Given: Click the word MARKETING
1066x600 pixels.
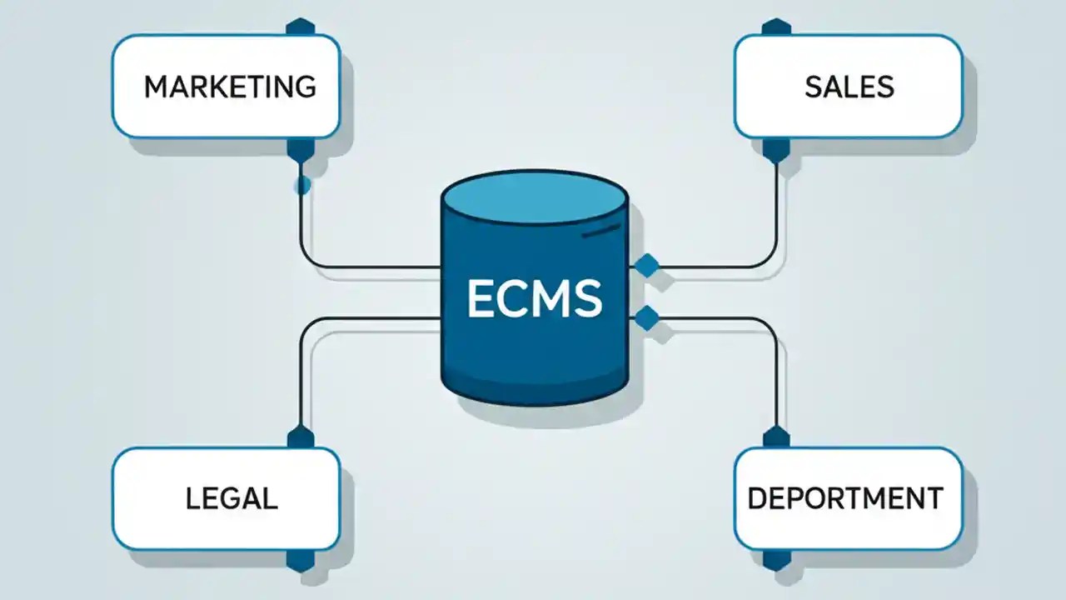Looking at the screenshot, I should (230, 87).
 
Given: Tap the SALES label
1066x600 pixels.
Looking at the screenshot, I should (849, 87).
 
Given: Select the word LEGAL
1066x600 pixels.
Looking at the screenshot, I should (231, 498).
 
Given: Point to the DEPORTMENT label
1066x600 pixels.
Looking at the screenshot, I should (845, 498).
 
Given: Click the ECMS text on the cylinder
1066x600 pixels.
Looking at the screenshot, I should (534, 298).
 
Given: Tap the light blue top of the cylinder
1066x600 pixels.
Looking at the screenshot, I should (534, 197).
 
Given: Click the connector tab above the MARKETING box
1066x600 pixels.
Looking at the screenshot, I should (300, 27).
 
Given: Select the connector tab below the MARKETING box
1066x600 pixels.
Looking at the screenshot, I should (300, 149).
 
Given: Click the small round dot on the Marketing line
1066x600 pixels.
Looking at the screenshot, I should (302, 185).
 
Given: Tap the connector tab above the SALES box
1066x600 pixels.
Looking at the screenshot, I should (776, 27).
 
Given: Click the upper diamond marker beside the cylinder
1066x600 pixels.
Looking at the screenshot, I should (646, 266).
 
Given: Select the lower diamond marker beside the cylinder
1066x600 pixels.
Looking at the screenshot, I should (646, 317).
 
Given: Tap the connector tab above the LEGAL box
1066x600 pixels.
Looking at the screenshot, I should (300, 437).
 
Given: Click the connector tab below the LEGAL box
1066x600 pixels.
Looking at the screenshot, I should (300, 560).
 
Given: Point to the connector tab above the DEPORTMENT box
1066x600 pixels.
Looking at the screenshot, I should (776, 437).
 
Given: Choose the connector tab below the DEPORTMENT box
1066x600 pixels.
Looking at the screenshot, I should (776, 560).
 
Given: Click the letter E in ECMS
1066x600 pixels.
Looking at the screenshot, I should (482, 298).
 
